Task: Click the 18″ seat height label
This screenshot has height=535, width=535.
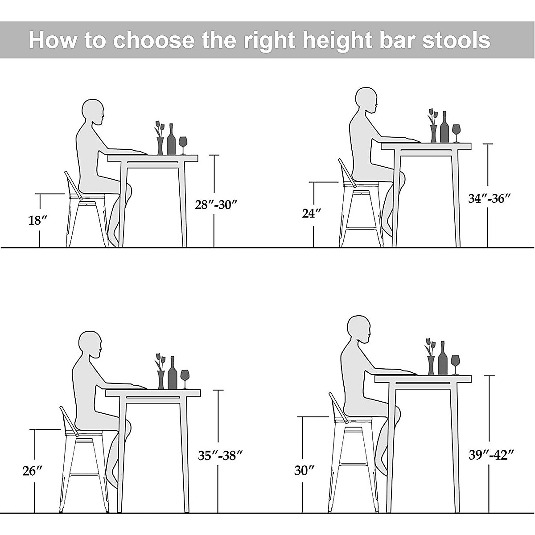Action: (x=37, y=220)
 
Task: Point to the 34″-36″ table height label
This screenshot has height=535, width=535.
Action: (x=489, y=198)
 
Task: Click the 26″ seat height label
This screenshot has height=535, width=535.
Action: (x=33, y=471)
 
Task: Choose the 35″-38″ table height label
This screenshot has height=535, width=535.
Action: (x=220, y=455)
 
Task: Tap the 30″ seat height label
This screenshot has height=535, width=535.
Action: (x=305, y=470)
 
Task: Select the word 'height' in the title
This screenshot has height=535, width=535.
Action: (x=334, y=41)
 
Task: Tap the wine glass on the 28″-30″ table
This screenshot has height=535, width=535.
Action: (x=183, y=144)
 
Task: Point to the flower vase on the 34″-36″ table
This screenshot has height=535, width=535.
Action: (x=433, y=132)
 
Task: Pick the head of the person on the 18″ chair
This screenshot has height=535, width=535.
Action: (x=94, y=112)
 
